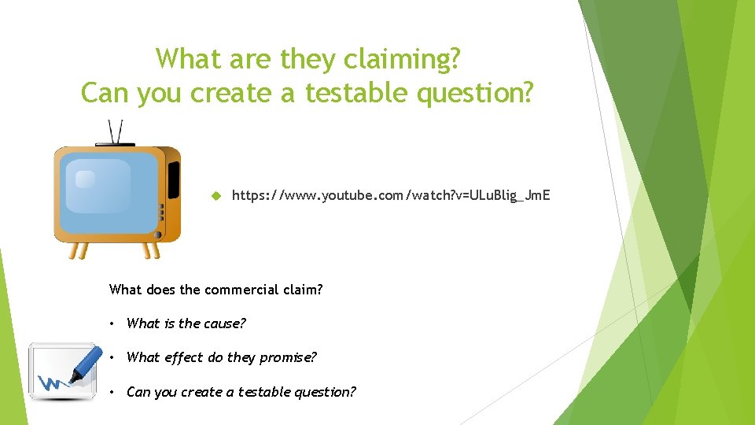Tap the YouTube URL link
click(391, 194)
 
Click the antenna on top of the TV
click(116, 131)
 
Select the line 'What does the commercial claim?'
click(215, 289)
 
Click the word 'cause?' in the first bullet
click(225, 323)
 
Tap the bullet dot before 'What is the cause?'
click(113, 323)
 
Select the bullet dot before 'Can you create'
click(113, 392)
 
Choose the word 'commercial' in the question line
click(238, 289)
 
